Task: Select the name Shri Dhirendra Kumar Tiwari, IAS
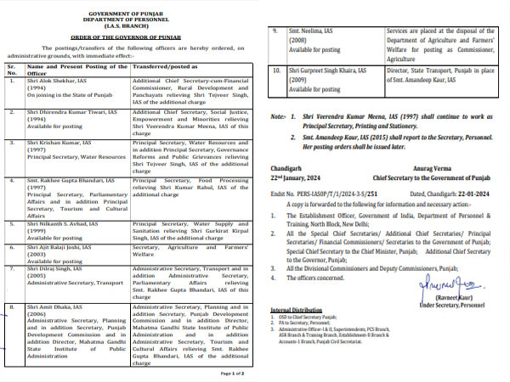71,110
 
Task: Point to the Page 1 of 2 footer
233,374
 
